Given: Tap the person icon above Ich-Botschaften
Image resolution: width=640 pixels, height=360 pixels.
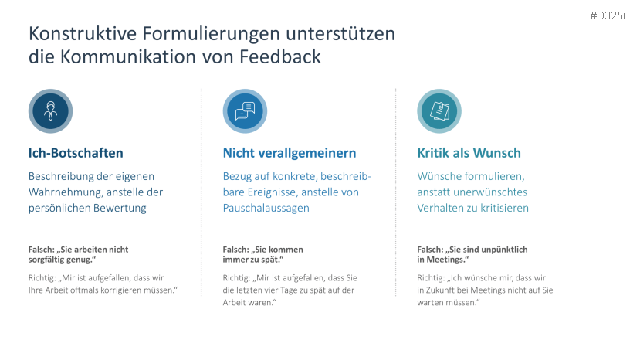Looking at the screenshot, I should coord(50,111).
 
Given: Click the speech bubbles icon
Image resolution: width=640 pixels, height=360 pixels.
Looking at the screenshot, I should coord(245,111).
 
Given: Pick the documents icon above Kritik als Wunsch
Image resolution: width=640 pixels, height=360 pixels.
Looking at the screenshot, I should coord(439,111).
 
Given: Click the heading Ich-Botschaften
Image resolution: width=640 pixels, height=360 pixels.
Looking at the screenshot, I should coord(76,153).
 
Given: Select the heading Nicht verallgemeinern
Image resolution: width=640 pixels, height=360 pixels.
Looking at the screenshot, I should coord(290,153).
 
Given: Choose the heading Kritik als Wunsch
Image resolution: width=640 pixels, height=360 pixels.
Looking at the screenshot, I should coord(469,153).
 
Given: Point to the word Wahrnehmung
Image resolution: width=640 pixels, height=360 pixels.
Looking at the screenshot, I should coord(67,192).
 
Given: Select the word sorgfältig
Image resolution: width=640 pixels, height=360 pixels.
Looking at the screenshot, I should coord(47,260).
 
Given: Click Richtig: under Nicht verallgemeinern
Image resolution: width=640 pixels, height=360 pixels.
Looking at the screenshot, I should coord(236,277).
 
